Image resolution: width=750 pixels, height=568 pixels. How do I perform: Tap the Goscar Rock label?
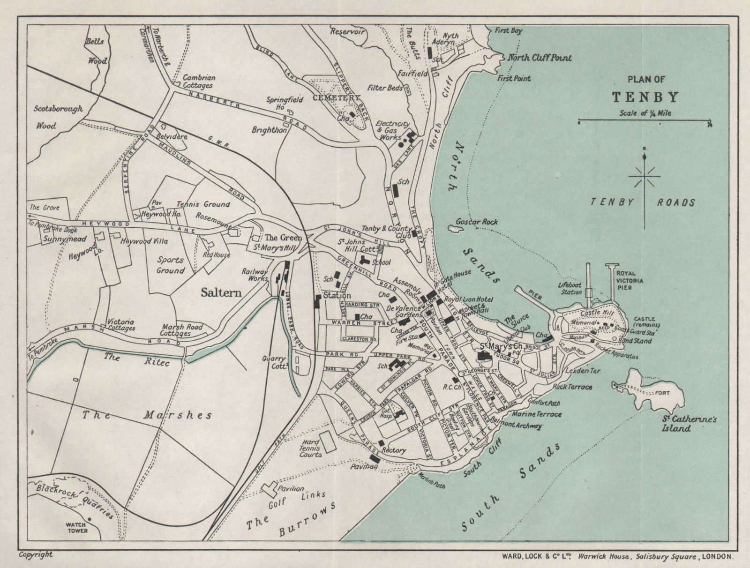(476, 222)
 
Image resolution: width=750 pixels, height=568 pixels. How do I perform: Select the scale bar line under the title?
(644, 121)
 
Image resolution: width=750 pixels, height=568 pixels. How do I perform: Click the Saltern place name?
(221, 292)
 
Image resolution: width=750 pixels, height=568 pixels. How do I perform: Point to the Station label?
(336, 296)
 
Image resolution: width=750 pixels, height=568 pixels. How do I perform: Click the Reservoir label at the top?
(347, 32)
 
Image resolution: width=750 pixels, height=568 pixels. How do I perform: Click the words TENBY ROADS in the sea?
(643, 202)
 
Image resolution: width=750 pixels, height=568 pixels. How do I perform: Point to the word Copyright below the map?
(35, 554)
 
